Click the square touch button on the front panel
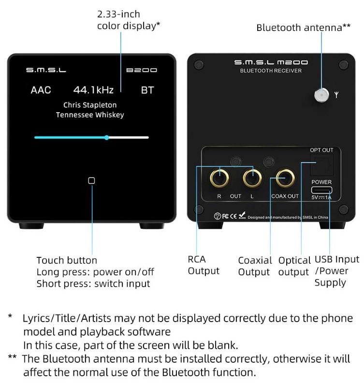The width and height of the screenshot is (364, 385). click(92, 180)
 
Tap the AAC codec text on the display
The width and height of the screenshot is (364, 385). click(41, 90)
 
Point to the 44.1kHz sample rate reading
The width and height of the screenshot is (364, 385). click(93, 90)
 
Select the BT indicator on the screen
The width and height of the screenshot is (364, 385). click(147, 90)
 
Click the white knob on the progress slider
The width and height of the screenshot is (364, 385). click(107, 137)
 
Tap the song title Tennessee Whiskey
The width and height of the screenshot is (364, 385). click(90, 115)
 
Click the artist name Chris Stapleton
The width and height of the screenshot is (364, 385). click(90, 105)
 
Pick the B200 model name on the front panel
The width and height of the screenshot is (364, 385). click(142, 71)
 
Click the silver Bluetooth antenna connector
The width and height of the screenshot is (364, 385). click(320, 94)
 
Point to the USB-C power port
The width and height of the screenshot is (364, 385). click(321, 190)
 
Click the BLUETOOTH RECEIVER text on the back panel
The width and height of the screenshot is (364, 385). click(271, 71)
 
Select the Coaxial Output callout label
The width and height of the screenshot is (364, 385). click(255, 266)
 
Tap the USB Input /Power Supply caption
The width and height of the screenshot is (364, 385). click(336, 271)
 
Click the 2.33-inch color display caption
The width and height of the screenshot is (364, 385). click(129, 20)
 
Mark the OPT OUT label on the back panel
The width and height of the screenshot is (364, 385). click(321, 150)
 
